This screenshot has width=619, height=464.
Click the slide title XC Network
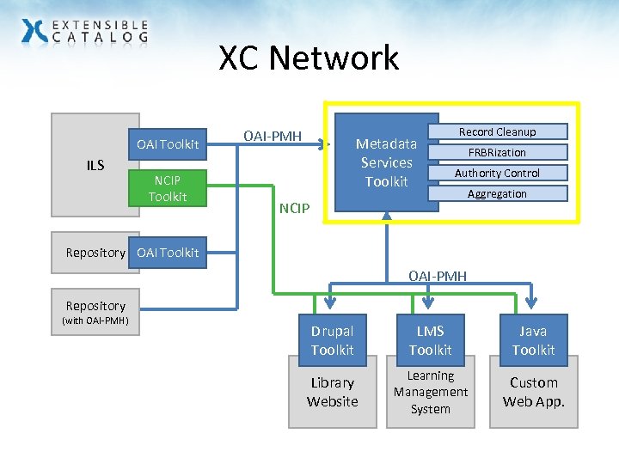pyautogui.click(x=309, y=58)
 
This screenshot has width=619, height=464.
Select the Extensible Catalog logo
pyautogui.click(x=84, y=32)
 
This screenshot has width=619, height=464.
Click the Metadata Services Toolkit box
pyautogui.click(x=386, y=162)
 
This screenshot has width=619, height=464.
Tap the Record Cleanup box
pyautogui.click(x=497, y=131)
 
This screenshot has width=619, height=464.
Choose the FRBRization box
pyautogui.click(x=497, y=152)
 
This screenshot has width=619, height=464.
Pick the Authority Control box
pyautogui.click(x=497, y=173)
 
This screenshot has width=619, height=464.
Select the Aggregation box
pyautogui.click(x=497, y=193)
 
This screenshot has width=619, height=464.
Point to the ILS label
pyautogui.click(x=95, y=165)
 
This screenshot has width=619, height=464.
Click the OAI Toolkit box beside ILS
pyautogui.click(x=167, y=143)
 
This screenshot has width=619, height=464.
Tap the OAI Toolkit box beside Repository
pyautogui.click(x=167, y=252)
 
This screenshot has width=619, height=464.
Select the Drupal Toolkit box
pyautogui.click(x=332, y=340)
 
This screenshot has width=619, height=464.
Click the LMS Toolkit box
pyautogui.click(x=430, y=340)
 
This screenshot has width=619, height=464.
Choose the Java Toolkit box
pyautogui.click(x=533, y=340)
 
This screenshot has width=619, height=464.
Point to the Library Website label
pyautogui.click(x=332, y=392)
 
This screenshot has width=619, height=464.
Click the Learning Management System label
pyautogui.click(x=430, y=392)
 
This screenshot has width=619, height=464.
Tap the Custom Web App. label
pyautogui.click(x=533, y=392)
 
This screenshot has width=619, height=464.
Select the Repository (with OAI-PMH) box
pyautogui.click(x=95, y=313)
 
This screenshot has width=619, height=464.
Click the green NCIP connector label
pyautogui.click(x=295, y=209)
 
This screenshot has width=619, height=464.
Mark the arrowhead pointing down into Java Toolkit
pyautogui.click(x=532, y=303)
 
